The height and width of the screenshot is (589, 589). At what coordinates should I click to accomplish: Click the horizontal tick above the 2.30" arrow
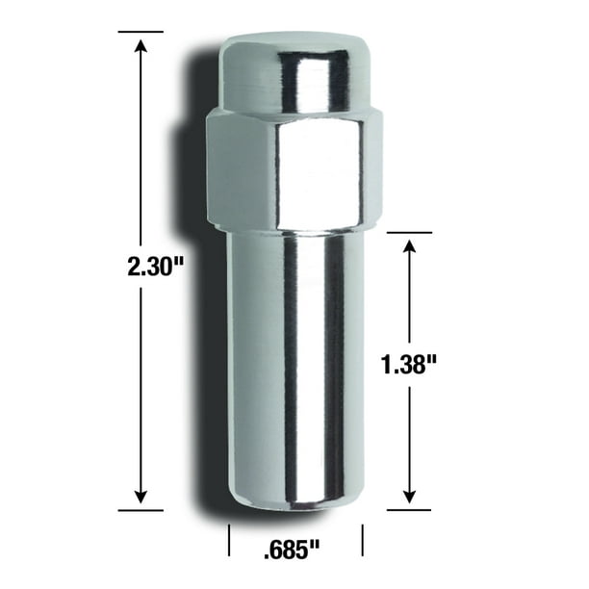pyautogui.click(x=141, y=32)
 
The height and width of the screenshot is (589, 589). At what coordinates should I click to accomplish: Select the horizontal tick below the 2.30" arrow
pyautogui.click(x=141, y=510)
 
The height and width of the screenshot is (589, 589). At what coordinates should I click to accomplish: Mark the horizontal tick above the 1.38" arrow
pyautogui.click(x=410, y=232)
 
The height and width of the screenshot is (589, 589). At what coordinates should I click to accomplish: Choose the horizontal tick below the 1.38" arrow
pyautogui.click(x=410, y=510)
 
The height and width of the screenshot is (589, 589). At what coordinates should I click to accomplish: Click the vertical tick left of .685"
pyautogui.click(x=229, y=540)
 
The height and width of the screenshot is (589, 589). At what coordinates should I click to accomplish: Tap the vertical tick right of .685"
pyautogui.click(x=362, y=540)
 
